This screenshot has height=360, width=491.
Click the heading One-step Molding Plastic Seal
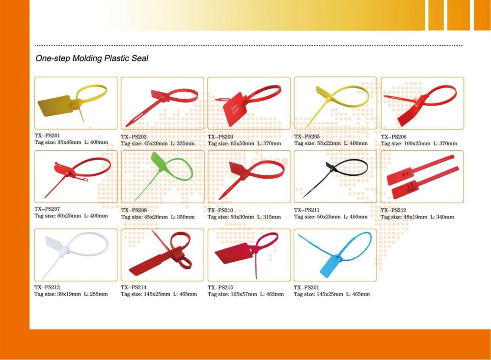point(92,58)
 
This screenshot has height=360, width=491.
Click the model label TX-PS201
point(47,135)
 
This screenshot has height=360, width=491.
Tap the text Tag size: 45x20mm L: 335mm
point(158,143)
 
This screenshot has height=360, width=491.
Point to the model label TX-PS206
point(394,137)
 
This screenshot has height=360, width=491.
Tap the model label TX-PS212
point(394,210)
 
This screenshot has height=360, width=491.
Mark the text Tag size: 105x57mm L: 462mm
point(245,294)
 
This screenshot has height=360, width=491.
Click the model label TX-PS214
point(134,287)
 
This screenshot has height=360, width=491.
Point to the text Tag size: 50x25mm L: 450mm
point(330,217)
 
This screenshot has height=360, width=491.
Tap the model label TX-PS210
point(220,210)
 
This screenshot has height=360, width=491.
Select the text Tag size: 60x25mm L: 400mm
point(71,216)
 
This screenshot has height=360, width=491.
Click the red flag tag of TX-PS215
point(234,253)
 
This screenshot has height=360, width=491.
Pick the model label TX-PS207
point(47,209)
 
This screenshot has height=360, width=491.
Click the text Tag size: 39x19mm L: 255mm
point(71,294)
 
